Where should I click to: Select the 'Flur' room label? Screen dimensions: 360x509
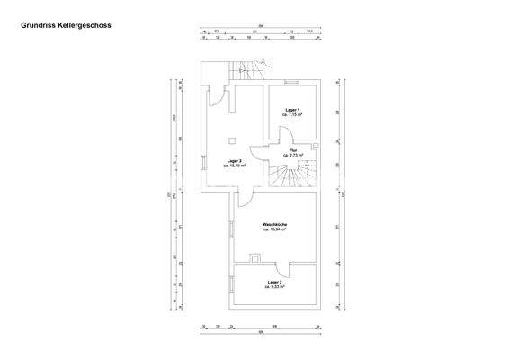click(293, 150)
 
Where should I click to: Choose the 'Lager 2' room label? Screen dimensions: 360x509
click(275, 282)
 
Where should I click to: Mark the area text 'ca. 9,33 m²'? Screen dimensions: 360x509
click(275, 287)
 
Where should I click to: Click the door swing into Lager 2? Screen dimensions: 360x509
click(282, 266)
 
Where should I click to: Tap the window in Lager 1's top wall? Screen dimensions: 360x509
click(292, 83)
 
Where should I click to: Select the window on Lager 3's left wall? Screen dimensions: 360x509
click(201, 164)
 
